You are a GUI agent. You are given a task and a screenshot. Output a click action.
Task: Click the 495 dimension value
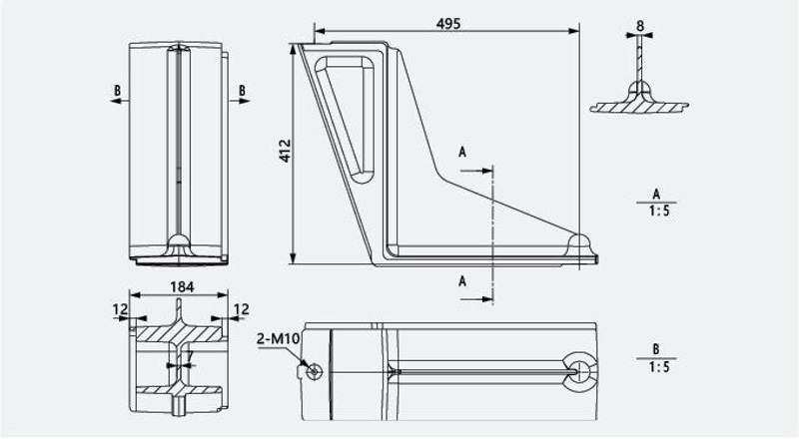[x=448, y=23]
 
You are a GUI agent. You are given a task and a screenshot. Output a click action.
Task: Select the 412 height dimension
[x=285, y=151]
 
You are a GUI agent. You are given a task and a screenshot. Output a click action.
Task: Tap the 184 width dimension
[x=182, y=287]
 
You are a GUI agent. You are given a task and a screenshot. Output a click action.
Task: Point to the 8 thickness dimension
[x=640, y=26]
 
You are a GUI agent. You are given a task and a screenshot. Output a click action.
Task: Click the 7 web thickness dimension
[x=190, y=356]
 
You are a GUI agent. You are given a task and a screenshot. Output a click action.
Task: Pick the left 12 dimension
[x=120, y=309]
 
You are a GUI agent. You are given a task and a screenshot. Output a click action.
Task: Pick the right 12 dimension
[x=241, y=309]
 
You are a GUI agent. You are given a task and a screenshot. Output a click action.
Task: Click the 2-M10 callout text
[x=279, y=338]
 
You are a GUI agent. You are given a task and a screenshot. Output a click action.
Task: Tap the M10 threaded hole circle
[x=315, y=371]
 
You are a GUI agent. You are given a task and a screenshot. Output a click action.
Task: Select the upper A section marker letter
[x=462, y=152]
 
